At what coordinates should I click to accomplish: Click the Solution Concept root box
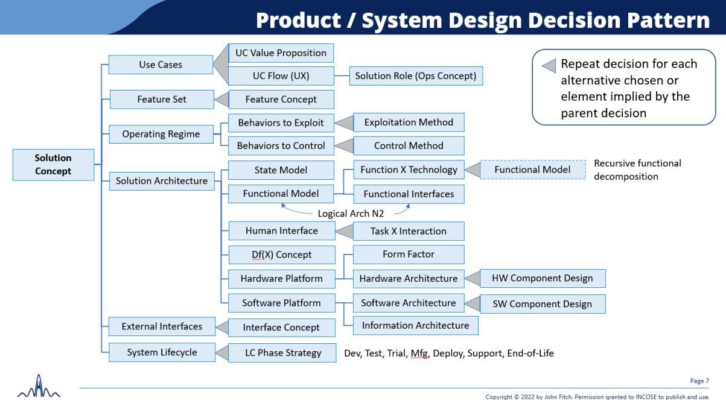pos(53,165)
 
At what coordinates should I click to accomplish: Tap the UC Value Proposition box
pos(281,53)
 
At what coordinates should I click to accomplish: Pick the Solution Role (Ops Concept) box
pos(415,76)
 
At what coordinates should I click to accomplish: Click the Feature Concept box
pos(281,99)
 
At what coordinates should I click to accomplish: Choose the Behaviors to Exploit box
pos(281,122)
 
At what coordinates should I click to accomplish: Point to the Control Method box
pos(409,145)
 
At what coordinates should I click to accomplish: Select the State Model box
pos(281,170)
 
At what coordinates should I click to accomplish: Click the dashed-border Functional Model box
pos(532,170)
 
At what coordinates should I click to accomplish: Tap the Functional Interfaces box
pos(409,194)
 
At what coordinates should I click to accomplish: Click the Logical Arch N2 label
pos(351,214)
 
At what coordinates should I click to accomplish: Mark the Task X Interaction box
pos(409,231)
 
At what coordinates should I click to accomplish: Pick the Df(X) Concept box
pos(281,255)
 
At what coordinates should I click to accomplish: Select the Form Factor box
pos(409,254)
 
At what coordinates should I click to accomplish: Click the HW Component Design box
pos(542,278)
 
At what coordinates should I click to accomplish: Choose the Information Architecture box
pos(415,325)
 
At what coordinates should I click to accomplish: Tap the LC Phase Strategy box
pos(282,353)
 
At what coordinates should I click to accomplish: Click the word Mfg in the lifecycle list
pos(419,353)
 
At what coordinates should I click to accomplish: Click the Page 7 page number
pos(699,381)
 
